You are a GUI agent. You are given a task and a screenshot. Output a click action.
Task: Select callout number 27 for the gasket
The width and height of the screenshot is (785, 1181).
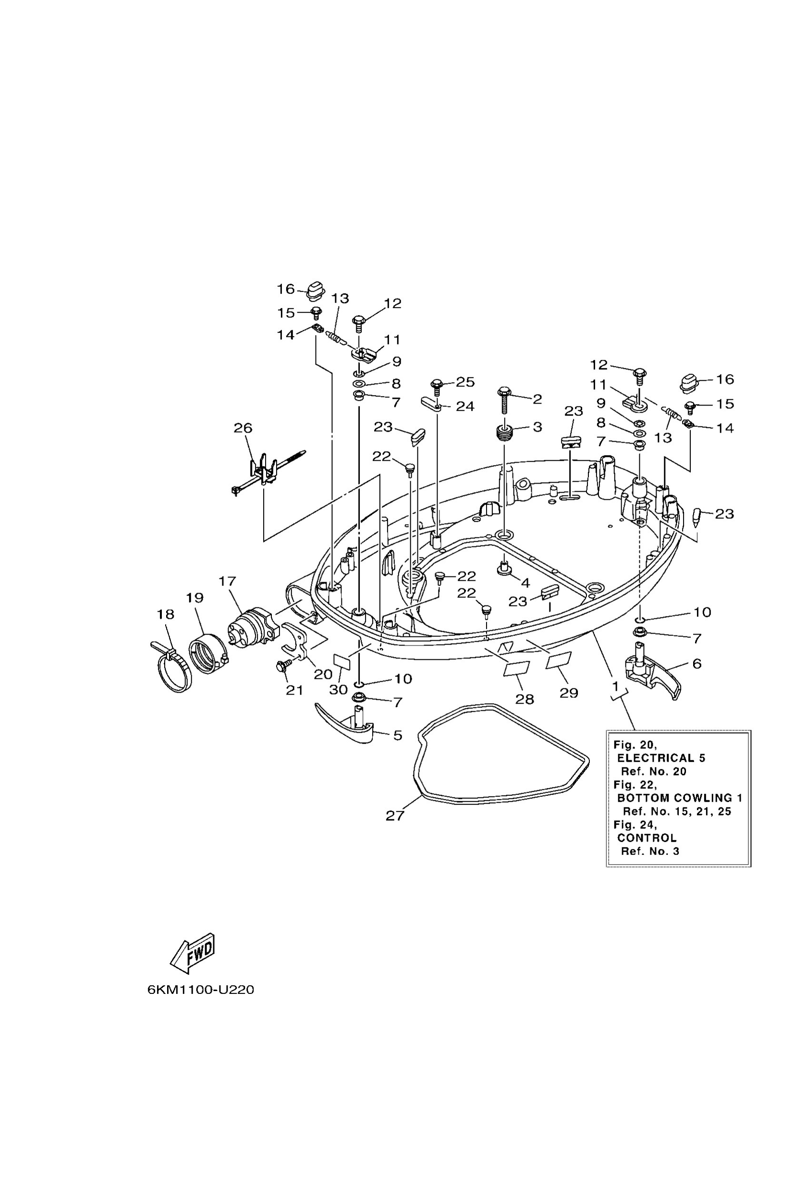click(395, 815)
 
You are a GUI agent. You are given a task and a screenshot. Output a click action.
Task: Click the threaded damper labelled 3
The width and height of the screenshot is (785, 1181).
click(504, 432)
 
